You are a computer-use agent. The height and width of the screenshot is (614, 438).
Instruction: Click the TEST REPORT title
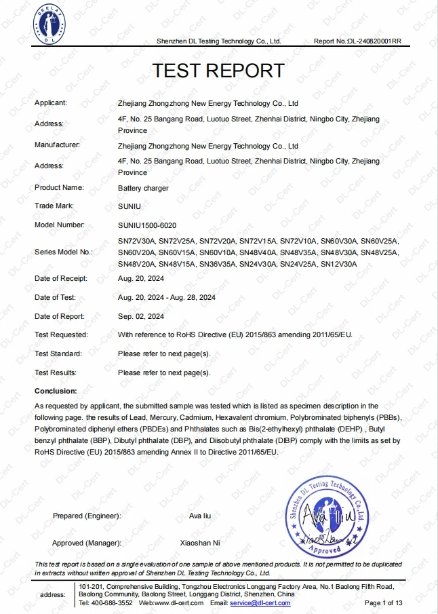pyautogui.click(x=218, y=70)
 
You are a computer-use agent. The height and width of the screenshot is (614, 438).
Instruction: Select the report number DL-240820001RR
pyautogui.click(x=375, y=41)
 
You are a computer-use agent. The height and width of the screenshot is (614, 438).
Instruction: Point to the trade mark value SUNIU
pyautogui.click(x=129, y=206)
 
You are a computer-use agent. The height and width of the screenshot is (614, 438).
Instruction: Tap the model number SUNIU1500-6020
pyautogui.click(x=147, y=225)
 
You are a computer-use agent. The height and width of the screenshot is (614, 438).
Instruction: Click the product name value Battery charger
pyautogui.click(x=143, y=188)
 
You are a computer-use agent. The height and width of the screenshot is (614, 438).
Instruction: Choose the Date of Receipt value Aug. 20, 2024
pyautogui.click(x=141, y=278)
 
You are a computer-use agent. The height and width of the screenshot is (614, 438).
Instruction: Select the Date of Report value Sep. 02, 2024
pyautogui.click(x=141, y=316)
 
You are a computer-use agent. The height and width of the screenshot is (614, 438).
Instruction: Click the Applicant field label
pyautogui.click(x=51, y=103)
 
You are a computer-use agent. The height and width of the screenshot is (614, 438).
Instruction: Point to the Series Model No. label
pyautogui.click(x=63, y=252)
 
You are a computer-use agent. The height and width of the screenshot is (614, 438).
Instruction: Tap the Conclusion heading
pyautogui.click(x=56, y=391)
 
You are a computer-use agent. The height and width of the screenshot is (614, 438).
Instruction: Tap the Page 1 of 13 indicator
pyautogui.click(x=384, y=602)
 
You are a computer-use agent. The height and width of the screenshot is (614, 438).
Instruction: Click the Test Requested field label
pyautogui.click(x=61, y=335)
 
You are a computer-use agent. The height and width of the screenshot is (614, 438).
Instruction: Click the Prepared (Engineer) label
pyautogui.click(x=87, y=516)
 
